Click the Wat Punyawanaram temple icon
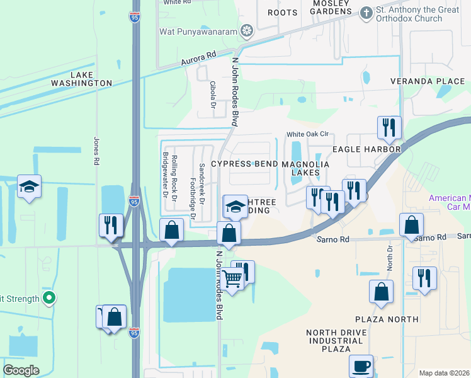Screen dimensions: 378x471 [247, 30]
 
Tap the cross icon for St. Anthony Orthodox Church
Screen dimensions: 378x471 [366, 13]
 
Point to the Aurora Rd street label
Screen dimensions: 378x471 [198, 59]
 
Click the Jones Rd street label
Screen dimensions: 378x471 [96, 151]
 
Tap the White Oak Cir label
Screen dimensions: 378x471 [308, 134]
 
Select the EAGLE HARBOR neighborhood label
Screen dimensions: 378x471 [366, 149]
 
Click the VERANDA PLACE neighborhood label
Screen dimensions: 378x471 [427, 82]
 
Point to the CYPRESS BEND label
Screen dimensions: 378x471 [244, 164]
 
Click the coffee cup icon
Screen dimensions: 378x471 [361, 366]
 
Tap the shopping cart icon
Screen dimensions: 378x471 [232, 277]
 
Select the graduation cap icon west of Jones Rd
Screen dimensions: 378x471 [29, 186]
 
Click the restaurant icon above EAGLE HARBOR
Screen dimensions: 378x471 [389, 128]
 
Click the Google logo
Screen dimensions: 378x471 [21, 370]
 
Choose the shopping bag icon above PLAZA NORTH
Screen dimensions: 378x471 [381, 292]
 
